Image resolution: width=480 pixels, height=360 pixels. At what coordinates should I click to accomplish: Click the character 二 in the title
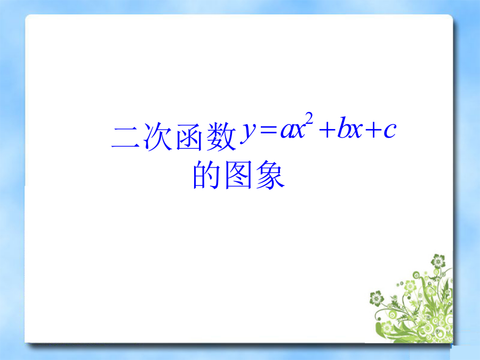125,137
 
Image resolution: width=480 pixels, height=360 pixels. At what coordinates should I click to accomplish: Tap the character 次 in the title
158,137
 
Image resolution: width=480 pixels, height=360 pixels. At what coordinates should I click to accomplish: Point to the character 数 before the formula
221,137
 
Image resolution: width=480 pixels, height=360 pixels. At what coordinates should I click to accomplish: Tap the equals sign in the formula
268,130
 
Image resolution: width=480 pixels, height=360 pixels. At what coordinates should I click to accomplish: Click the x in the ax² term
299,131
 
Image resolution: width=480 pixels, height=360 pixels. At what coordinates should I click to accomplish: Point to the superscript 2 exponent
309,118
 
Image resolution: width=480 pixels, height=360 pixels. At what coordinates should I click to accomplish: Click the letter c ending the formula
390,131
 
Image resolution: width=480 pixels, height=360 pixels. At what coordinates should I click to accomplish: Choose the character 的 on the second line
206,174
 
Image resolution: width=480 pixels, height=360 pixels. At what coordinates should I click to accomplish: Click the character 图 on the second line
238,174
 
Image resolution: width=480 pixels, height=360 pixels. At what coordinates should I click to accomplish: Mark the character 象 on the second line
270,175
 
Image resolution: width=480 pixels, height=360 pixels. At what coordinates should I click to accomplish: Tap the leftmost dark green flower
377,298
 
